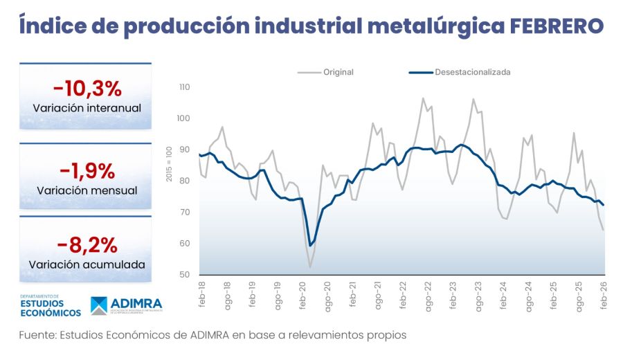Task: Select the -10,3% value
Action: [87, 89]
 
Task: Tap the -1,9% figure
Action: [87, 170]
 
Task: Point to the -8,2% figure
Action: [87, 245]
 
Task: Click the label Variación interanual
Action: [87, 109]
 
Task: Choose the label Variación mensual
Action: [87, 190]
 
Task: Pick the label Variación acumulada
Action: [87, 264]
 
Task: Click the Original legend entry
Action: [338, 72]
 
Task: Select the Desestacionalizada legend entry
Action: [472, 72]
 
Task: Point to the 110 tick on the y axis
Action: [183, 87]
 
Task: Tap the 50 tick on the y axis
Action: [185, 275]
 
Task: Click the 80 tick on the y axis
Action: [185, 181]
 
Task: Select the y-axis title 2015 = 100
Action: [170, 165]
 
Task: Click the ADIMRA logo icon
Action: [102, 306]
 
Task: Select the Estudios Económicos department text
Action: [50, 307]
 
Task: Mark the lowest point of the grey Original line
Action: [310, 267]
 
